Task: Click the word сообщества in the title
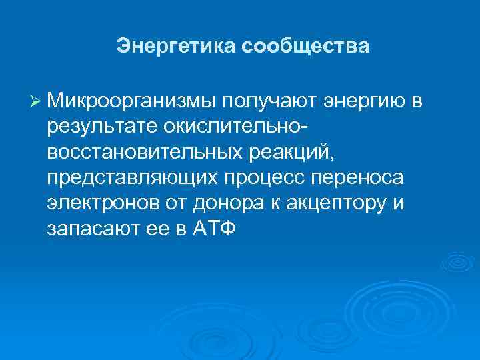[x=305, y=47]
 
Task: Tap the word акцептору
[x=333, y=203]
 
